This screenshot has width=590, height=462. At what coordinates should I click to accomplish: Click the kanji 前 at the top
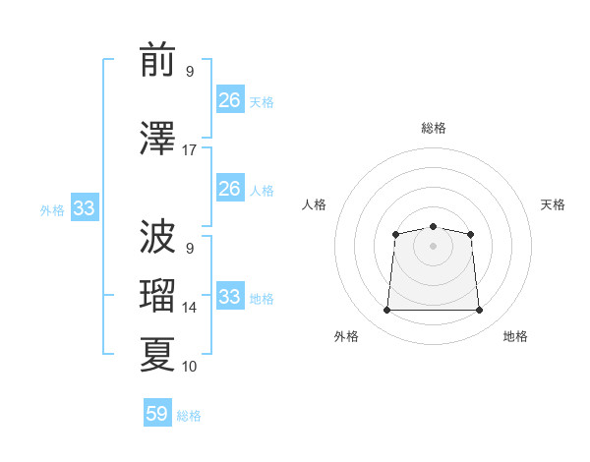pyautogui.click(x=157, y=61)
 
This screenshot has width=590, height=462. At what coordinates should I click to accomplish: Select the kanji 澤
pyautogui.click(x=157, y=137)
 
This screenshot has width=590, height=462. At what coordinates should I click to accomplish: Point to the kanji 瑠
pyautogui.click(x=157, y=295)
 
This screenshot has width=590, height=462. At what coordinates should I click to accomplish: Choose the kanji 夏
pyautogui.click(x=157, y=354)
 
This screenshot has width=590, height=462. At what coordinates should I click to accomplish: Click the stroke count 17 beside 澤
pyautogui.click(x=190, y=150)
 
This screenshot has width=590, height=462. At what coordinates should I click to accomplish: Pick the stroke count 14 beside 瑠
pyautogui.click(x=190, y=308)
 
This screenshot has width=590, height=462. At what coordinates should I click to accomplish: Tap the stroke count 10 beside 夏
pyautogui.click(x=190, y=367)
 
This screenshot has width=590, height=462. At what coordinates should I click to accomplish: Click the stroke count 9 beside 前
pyautogui.click(x=190, y=72)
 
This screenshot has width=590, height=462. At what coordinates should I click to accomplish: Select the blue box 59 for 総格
pyautogui.click(x=157, y=414)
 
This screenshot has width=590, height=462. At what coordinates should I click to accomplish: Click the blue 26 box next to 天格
pyautogui.click(x=230, y=99)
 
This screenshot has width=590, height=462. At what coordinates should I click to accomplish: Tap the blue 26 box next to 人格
pyautogui.click(x=230, y=189)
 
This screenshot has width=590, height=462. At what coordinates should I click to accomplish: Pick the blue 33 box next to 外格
pyautogui.click(x=84, y=207)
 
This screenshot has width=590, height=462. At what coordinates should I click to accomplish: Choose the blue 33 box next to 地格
pyautogui.click(x=230, y=297)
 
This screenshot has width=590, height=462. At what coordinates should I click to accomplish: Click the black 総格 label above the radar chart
pyautogui.click(x=433, y=128)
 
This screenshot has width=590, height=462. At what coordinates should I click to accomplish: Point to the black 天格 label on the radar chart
pyautogui.click(x=553, y=204)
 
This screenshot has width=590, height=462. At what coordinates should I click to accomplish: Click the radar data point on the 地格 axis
pyautogui.click(x=480, y=311)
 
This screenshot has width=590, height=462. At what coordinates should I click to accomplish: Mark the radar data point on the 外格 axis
pyautogui.click(x=386, y=311)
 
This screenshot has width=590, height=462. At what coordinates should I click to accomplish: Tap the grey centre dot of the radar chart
pyautogui.click(x=433, y=245)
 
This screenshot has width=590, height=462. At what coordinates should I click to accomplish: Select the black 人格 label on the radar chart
pyautogui.click(x=315, y=204)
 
